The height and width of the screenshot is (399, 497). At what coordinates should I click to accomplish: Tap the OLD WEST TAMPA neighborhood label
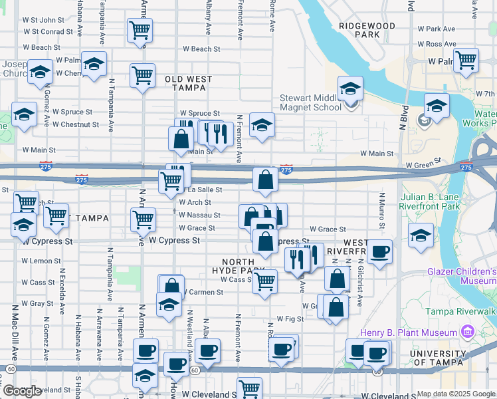(x=189, y=83)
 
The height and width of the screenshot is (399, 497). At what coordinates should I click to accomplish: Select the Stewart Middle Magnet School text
(x=310, y=102)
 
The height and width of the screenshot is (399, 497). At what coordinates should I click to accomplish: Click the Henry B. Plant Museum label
(x=408, y=332)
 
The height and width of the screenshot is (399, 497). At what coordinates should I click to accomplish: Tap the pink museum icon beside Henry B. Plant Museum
(x=469, y=332)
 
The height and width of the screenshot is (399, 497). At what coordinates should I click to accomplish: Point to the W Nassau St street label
(x=199, y=215)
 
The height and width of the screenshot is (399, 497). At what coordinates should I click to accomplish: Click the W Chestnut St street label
(x=76, y=124)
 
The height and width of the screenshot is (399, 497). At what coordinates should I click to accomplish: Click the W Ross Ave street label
(x=437, y=44)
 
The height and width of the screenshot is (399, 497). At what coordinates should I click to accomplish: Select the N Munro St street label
(x=382, y=209)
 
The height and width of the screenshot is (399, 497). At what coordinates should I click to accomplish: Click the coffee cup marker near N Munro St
(x=379, y=252)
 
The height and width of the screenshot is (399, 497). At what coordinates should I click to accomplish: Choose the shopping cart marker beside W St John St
(x=140, y=30)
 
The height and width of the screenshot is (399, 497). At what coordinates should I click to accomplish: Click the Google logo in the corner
(x=22, y=392)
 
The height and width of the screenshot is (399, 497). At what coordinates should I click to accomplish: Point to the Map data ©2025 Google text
(x=456, y=394)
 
